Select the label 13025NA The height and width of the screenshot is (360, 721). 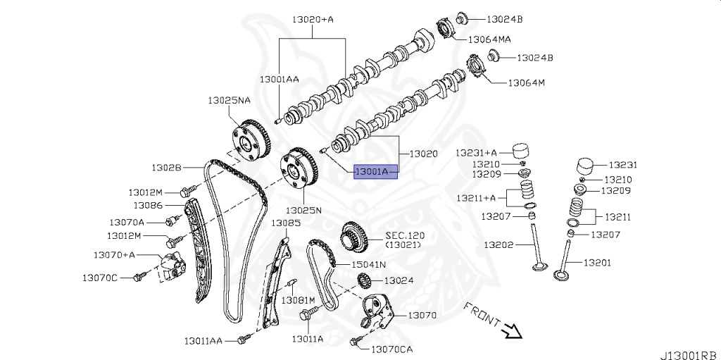(229, 100)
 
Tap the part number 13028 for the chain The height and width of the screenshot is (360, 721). (166, 168)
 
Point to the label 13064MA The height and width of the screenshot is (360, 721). (489, 39)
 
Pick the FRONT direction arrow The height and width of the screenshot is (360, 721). (511, 329)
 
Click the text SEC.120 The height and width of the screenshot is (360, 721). (405, 236)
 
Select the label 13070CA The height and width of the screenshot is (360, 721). (391, 349)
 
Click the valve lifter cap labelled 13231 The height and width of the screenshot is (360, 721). (586, 167)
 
